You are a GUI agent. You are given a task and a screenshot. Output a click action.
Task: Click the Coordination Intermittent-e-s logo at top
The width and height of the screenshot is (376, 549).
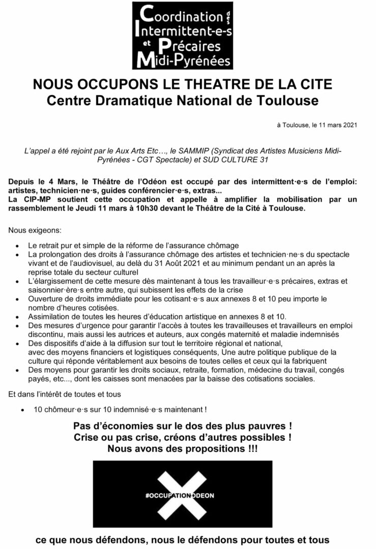pos(182,36)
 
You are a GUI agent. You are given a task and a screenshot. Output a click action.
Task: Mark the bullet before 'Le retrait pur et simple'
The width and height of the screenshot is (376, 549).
pos(19,246)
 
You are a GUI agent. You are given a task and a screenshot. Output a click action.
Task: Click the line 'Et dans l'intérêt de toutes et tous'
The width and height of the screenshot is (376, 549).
pos(65,394)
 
